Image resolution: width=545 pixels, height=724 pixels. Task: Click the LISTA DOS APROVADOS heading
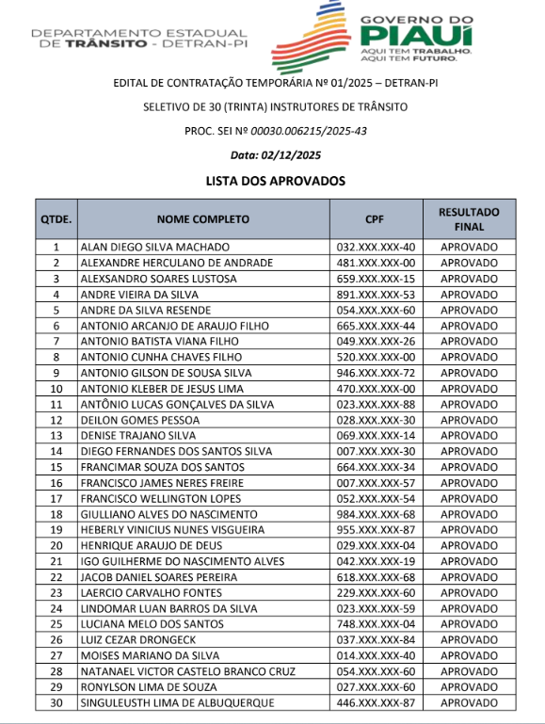pyautogui.click(x=276, y=180)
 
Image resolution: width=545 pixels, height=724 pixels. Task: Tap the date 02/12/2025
pyautogui.click(x=290, y=155)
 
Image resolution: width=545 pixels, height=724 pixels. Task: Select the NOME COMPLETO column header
pyautogui.click(x=202, y=219)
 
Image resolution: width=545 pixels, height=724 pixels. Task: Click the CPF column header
pyautogui.click(x=375, y=219)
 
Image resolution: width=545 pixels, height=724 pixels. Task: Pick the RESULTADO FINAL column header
pyautogui.click(x=469, y=219)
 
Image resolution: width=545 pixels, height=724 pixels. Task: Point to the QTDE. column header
pyautogui.click(x=56, y=219)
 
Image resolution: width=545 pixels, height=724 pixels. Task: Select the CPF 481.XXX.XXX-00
pyautogui.click(x=376, y=263)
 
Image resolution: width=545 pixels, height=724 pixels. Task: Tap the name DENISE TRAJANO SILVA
pyautogui.click(x=138, y=436)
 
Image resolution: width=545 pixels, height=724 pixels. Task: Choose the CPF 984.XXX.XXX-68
pyautogui.click(x=376, y=514)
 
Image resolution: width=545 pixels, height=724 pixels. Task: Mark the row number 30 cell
pyautogui.click(x=56, y=702)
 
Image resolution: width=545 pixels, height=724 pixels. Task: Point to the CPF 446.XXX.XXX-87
pyautogui.click(x=376, y=702)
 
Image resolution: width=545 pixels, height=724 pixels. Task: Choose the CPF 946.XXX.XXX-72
pyautogui.click(x=376, y=373)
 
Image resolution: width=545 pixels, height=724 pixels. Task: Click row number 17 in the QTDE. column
pyautogui.click(x=56, y=499)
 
